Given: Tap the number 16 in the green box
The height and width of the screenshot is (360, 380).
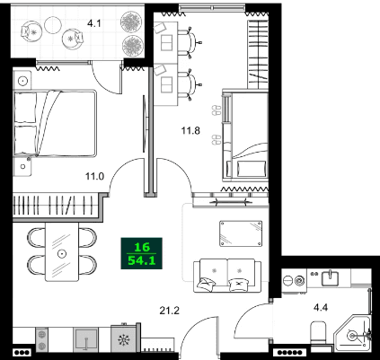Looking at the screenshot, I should [142, 246].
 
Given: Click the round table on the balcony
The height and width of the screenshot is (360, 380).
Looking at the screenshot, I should [72, 39].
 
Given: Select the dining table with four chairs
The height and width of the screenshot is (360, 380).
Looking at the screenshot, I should [61, 252].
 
